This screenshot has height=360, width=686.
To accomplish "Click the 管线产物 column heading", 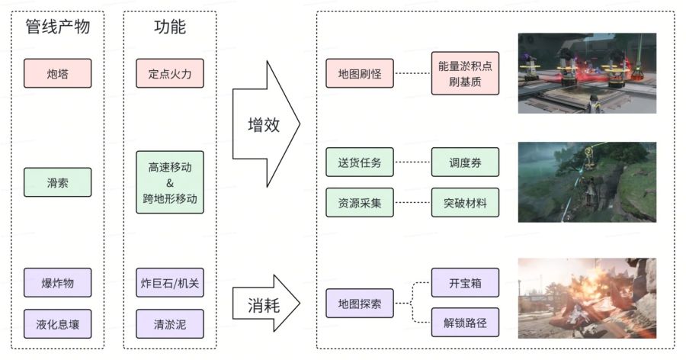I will pyautogui.click(x=58, y=27).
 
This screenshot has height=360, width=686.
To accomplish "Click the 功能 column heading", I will pyautogui.click(x=170, y=27).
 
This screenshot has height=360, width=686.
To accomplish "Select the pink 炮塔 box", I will pyautogui.click(x=58, y=74).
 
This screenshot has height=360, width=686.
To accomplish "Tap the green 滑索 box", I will pyautogui.click(x=58, y=182).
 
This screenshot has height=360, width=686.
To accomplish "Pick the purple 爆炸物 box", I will pyautogui.click(x=58, y=283).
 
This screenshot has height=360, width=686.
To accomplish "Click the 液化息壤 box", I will pyautogui.click(x=58, y=324).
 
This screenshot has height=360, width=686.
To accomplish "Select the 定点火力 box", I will pyautogui.click(x=170, y=74).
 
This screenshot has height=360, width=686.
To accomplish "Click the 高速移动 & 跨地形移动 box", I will pyautogui.click(x=170, y=182).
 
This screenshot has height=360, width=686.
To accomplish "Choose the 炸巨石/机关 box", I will pyautogui.click(x=170, y=283).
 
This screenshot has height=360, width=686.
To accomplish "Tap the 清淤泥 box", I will pyautogui.click(x=170, y=324).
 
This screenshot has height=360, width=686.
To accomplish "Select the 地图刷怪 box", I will pyautogui.click(x=359, y=74).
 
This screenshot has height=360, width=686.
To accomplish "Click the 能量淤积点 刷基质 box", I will pyautogui.click(x=465, y=74).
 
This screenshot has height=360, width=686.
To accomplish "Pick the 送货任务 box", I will pyautogui.click(x=359, y=162).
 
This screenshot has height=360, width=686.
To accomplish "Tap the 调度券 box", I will pyautogui.click(x=465, y=162).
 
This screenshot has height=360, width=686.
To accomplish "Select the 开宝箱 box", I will pyautogui.click(x=465, y=283).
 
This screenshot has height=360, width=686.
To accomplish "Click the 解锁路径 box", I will pyautogui.click(x=465, y=323).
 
